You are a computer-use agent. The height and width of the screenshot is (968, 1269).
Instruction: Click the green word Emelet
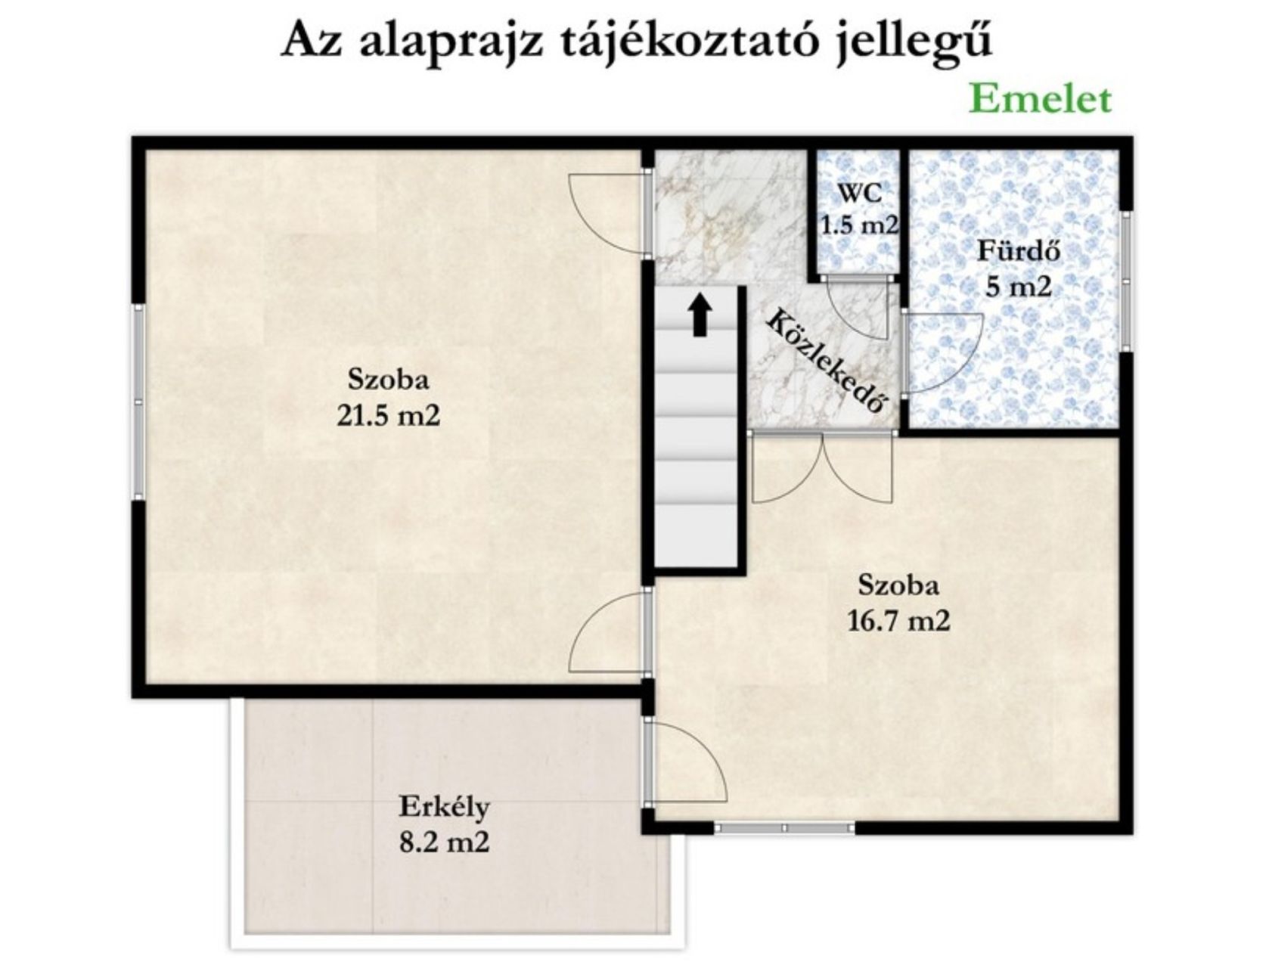tap(1040, 100)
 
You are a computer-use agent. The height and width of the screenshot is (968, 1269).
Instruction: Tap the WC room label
tap(860, 193)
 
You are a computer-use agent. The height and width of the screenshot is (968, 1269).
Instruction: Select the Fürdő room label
tap(1019, 252)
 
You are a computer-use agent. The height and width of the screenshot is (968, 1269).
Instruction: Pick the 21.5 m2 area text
tap(389, 415)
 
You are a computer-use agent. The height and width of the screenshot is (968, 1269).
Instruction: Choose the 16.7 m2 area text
tap(898, 622)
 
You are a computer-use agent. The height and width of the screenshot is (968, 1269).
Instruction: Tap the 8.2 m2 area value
tap(444, 842)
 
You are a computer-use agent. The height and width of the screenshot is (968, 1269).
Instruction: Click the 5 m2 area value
tap(1019, 287)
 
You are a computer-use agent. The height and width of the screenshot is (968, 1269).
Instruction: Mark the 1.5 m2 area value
tap(860, 225)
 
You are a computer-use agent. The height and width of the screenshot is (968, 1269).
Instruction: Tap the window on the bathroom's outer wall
tap(1126, 281)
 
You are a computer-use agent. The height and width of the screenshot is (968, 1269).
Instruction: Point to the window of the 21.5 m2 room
tap(138, 402)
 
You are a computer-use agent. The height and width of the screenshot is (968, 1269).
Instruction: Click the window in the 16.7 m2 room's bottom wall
tap(784, 828)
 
